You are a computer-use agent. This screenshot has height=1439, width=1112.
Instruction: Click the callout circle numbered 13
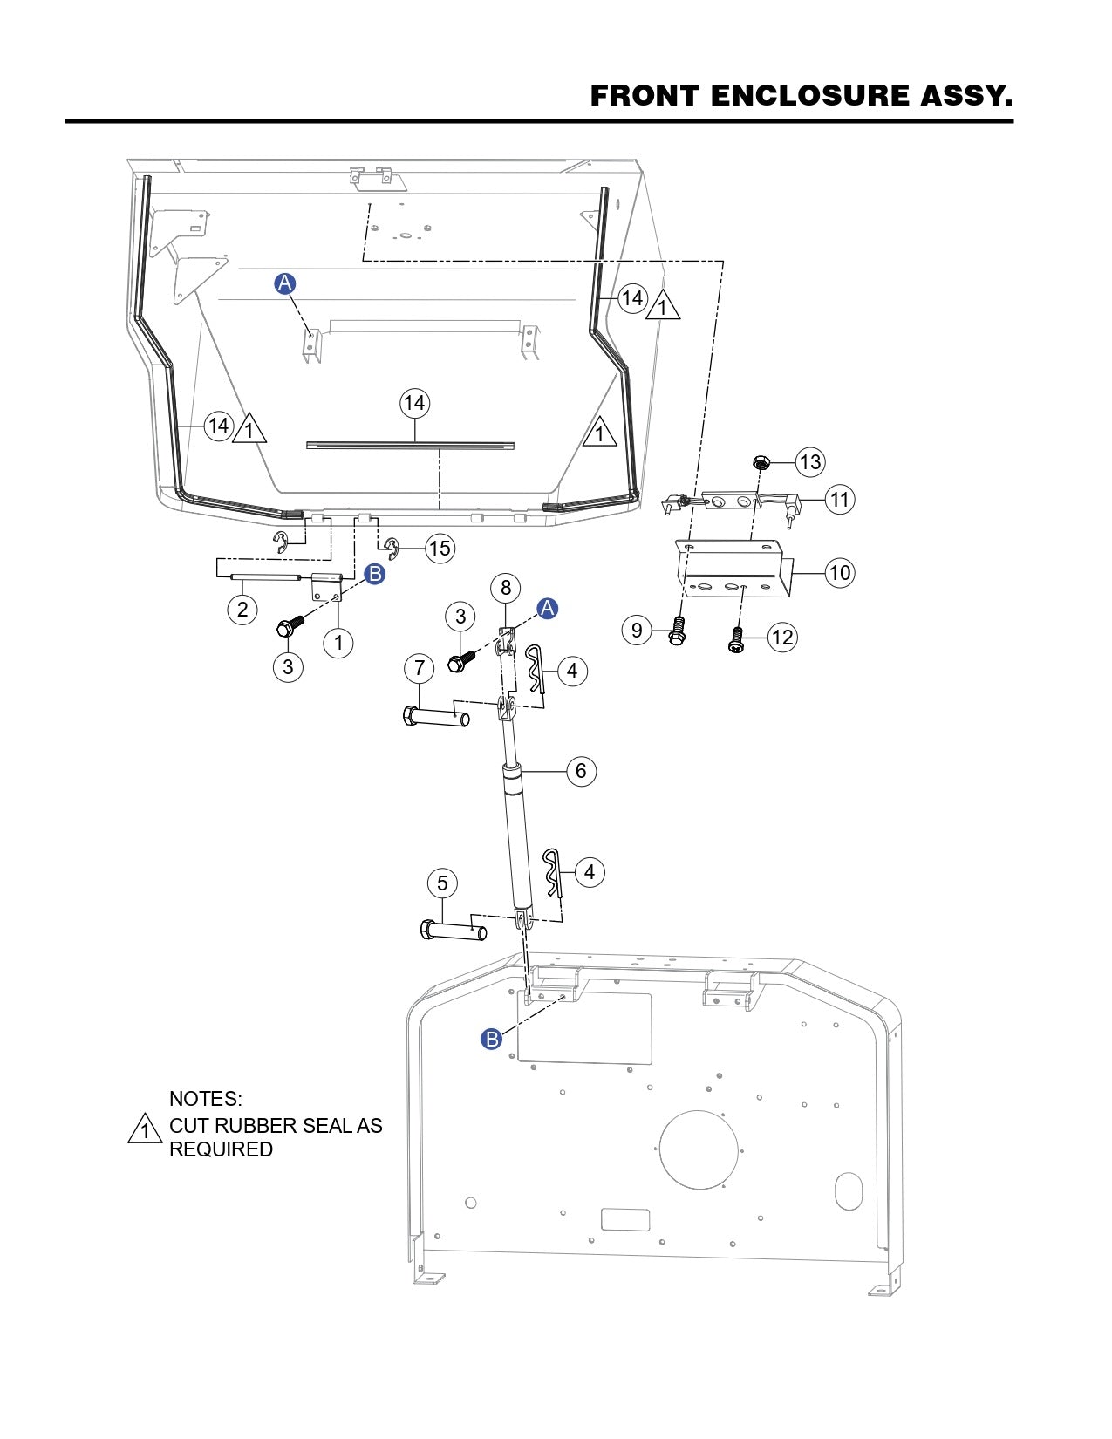[810, 461]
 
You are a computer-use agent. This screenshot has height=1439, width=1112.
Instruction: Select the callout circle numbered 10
[839, 573]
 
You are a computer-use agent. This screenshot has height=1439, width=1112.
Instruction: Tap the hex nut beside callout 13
[760, 461]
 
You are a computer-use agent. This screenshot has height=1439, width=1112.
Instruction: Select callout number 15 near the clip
[440, 548]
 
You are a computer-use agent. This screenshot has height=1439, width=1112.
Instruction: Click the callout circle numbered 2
[242, 609]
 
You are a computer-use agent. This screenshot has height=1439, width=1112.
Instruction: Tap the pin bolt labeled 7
[436, 718]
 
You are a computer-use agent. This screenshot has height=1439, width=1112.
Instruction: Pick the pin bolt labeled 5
[454, 931]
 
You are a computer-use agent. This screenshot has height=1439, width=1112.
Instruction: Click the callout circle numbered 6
[581, 771]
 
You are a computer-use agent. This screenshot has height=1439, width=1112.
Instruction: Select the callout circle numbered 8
[505, 587]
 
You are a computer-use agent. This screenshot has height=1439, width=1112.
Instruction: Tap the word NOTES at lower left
[205, 1098]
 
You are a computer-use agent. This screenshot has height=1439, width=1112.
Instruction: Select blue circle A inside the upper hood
[285, 283]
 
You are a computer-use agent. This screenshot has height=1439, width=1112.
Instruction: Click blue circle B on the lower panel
[492, 1040]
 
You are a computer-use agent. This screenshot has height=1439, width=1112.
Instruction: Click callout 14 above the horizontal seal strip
[414, 403]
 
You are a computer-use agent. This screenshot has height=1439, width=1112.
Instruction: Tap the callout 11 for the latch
[839, 500]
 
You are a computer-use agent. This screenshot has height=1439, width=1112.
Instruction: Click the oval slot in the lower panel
[848, 1191]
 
